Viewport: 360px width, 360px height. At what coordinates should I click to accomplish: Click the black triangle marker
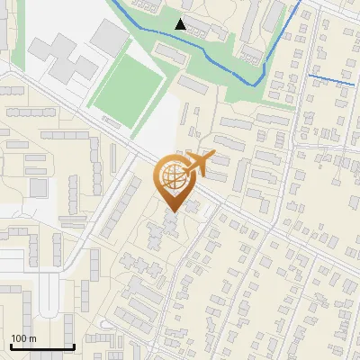click(181, 24)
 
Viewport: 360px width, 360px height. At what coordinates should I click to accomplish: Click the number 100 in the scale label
click(19, 338)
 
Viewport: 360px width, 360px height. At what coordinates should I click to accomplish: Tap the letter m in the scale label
click(32, 338)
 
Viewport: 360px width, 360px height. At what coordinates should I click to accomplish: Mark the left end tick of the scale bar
click(11, 346)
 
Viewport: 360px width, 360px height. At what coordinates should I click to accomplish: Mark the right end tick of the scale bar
click(74, 346)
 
